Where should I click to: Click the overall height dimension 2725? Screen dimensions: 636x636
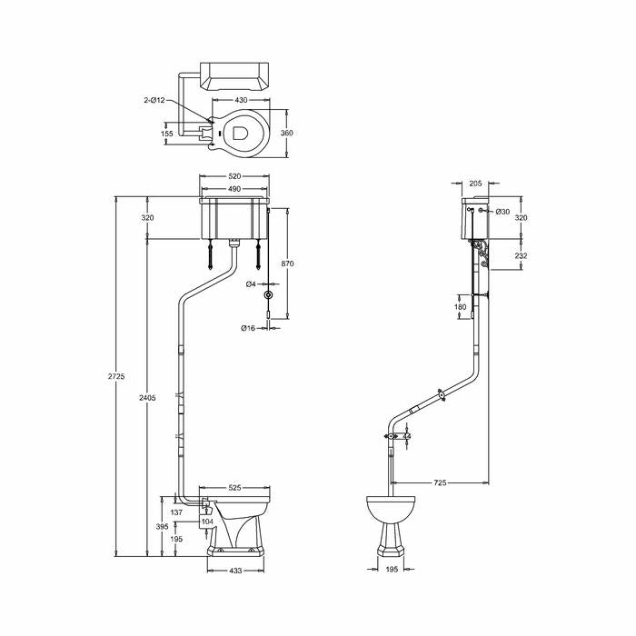[116, 376]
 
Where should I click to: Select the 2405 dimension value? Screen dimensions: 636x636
[147, 398]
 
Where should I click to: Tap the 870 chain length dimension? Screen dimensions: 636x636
[287, 263]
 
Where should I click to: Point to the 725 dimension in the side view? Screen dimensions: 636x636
[440, 482]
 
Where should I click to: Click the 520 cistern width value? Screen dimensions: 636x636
[234, 175]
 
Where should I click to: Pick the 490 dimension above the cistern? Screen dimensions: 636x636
[234, 189]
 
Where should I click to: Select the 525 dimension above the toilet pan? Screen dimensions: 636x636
[234, 487]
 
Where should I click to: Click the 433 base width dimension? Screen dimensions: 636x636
[235, 571]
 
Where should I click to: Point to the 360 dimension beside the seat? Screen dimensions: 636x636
[287, 133]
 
